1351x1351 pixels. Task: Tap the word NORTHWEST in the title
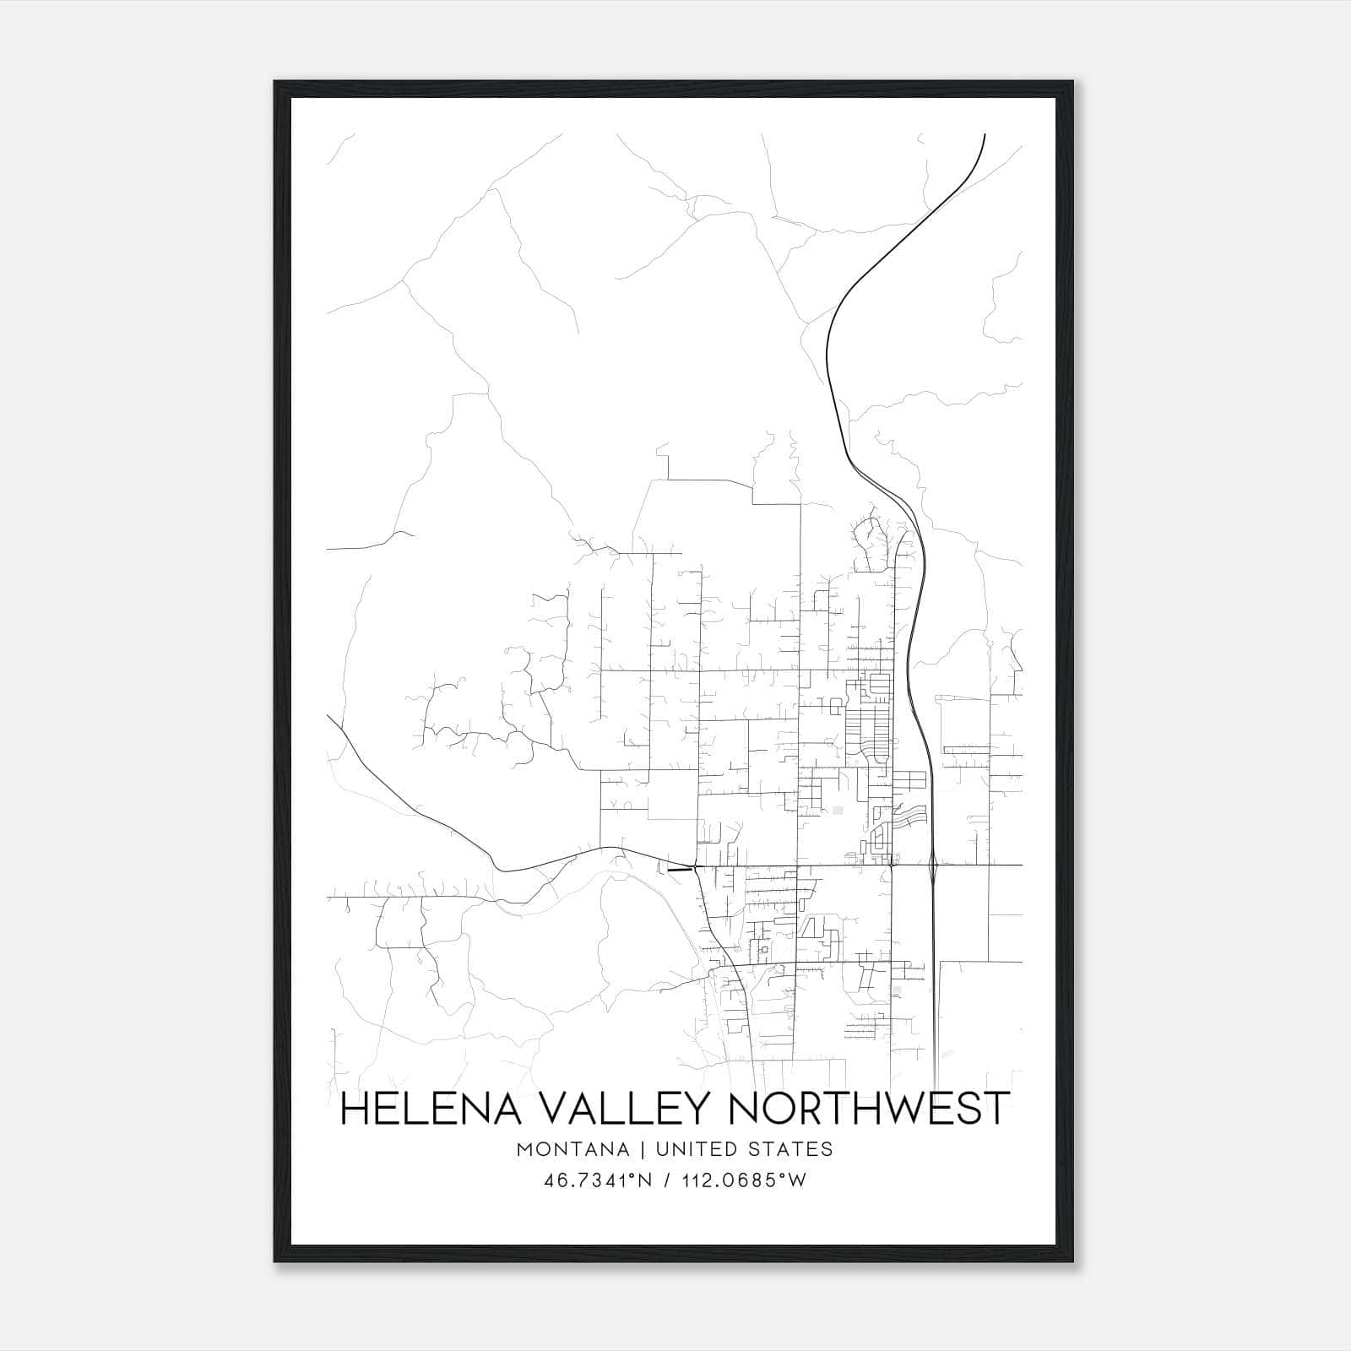point(867,1109)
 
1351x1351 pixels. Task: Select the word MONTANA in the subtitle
point(572,1149)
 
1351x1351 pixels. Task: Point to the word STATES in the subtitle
point(792,1149)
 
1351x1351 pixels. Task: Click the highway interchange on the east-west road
point(932,865)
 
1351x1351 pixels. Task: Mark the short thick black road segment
point(679,868)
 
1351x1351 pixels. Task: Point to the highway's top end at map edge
point(985,135)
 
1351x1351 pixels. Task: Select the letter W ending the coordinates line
point(796,1180)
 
